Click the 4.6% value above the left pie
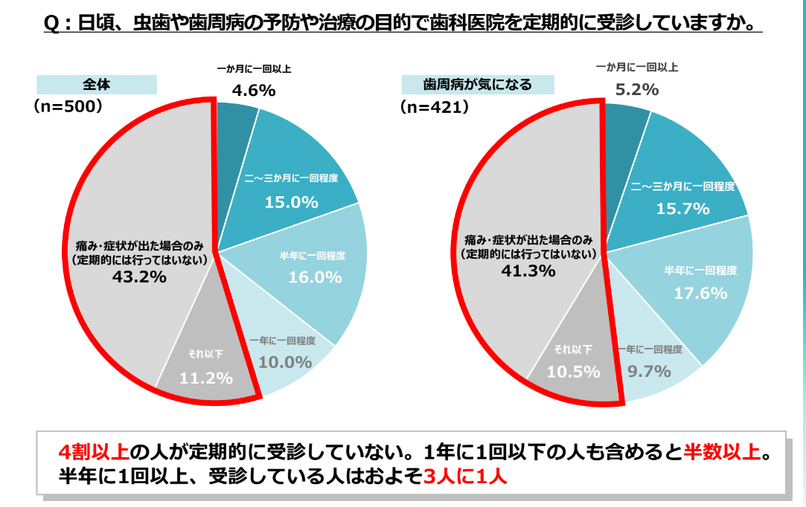click(x=253, y=91)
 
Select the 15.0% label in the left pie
click(x=292, y=201)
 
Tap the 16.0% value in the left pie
click(x=315, y=277)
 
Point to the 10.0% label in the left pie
click(x=285, y=362)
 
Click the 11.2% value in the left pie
click(x=206, y=378)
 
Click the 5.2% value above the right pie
click(x=638, y=89)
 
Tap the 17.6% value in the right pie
click(x=700, y=293)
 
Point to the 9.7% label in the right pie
click(x=650, y=370)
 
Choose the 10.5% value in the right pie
click(x=573, y=371)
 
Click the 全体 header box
click(x=96, y=84)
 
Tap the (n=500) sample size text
click(x=68, y=106)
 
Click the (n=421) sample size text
click(x=434, y=107)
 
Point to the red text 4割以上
click(x=95, y=452)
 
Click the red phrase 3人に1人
click(x=464, y=476)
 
